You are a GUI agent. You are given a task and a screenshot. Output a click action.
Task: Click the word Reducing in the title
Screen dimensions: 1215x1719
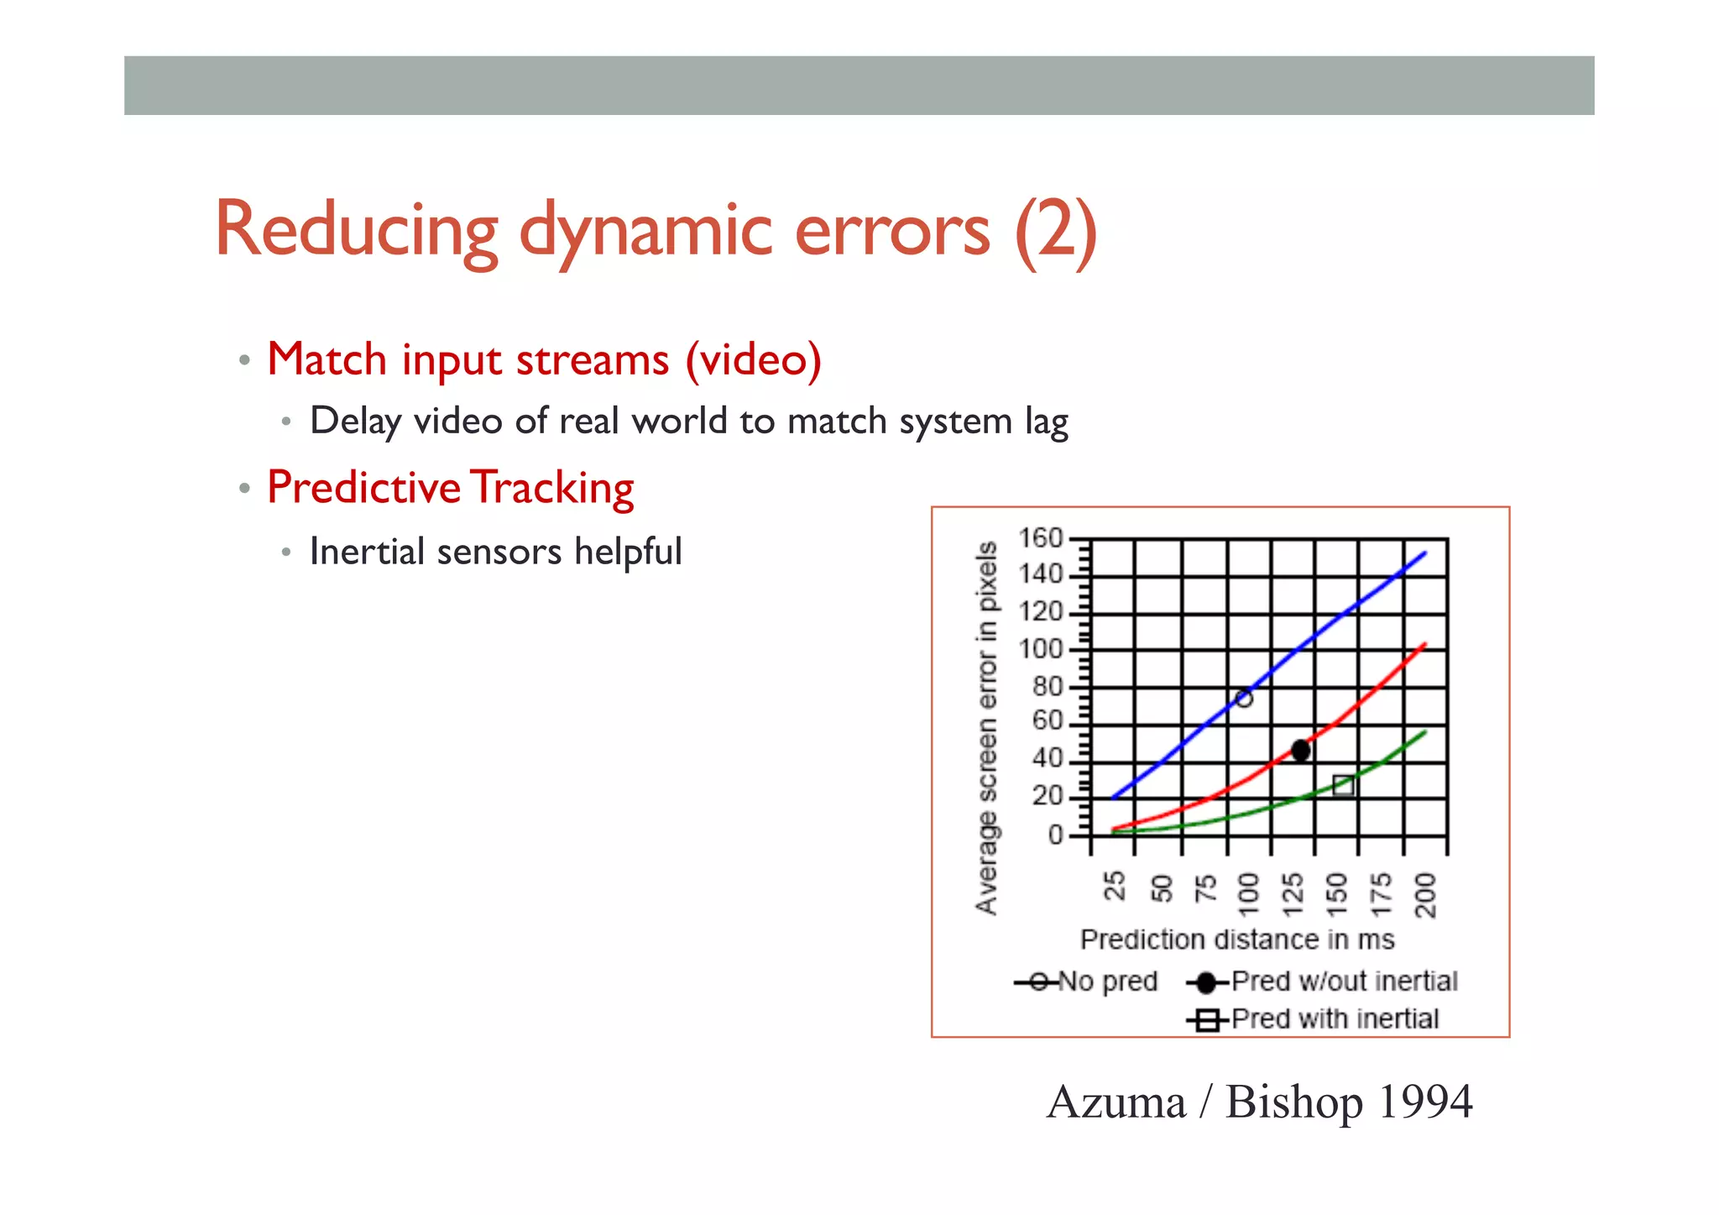point(357,231)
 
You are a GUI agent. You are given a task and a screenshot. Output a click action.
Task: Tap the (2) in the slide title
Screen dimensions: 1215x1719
point(1055,231)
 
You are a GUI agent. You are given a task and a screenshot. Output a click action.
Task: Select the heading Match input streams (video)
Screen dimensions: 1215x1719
point(544,360)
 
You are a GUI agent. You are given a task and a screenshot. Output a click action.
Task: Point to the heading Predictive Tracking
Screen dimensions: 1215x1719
point(451,488)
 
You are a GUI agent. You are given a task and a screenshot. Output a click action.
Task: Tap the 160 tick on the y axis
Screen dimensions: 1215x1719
point(1040,538)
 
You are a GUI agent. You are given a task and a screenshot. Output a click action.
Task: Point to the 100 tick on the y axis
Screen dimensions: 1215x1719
point(1040,649)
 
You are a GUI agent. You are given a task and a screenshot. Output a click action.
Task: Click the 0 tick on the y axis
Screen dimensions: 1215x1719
point(1055,835)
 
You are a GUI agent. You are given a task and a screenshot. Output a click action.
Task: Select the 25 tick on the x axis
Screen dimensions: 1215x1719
point(1114,886)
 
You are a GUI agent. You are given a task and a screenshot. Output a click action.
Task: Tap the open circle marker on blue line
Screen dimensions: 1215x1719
point(1244,698)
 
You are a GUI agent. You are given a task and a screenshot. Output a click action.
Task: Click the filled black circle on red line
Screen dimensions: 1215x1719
point(1300,750)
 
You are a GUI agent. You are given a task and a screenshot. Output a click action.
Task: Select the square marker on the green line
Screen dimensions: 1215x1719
point(1343,785)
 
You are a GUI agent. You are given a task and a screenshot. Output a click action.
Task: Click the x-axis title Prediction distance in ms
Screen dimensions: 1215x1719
point(1236,940)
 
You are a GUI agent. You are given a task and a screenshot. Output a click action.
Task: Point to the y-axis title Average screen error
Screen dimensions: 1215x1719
point(987,727)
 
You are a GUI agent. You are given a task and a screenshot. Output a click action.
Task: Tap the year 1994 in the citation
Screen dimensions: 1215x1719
point(1424,1102)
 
